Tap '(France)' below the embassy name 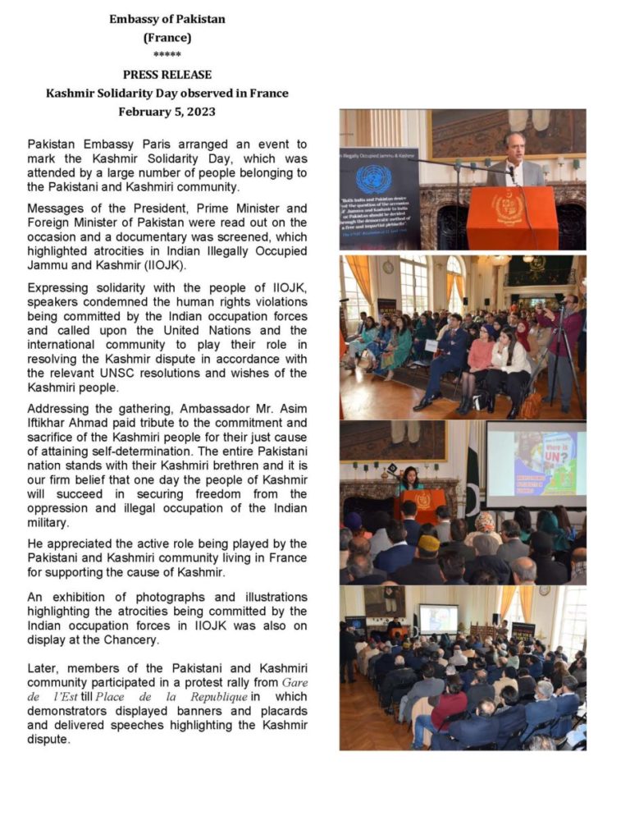pyautogui.click(x=167, y=37)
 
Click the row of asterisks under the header pyautogui.click(x=167, y=56)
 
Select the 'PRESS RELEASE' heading pyautogui.click(x=167, y=75)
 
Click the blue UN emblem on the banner pyautogui.click(x=373, y=178)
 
